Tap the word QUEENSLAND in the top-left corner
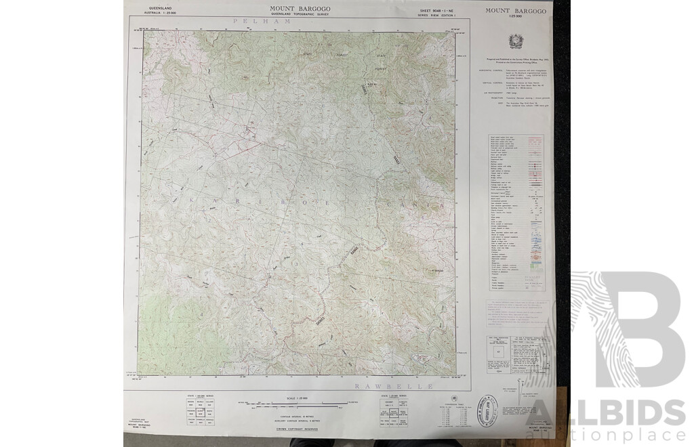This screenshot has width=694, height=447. click(x=157, y=7)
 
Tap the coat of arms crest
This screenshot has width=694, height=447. click(x=512, y=42)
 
